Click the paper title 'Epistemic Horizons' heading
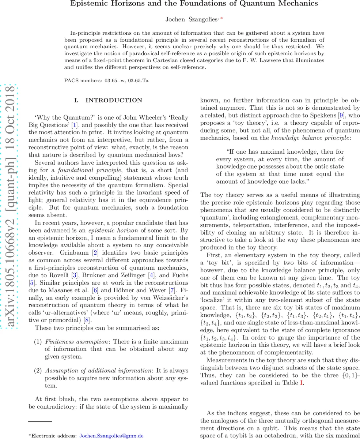point(194,4)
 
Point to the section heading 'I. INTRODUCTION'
point(108,100)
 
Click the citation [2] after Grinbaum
point(95,253)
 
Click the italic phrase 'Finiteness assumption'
point(77,342)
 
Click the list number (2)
point(38,371)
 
